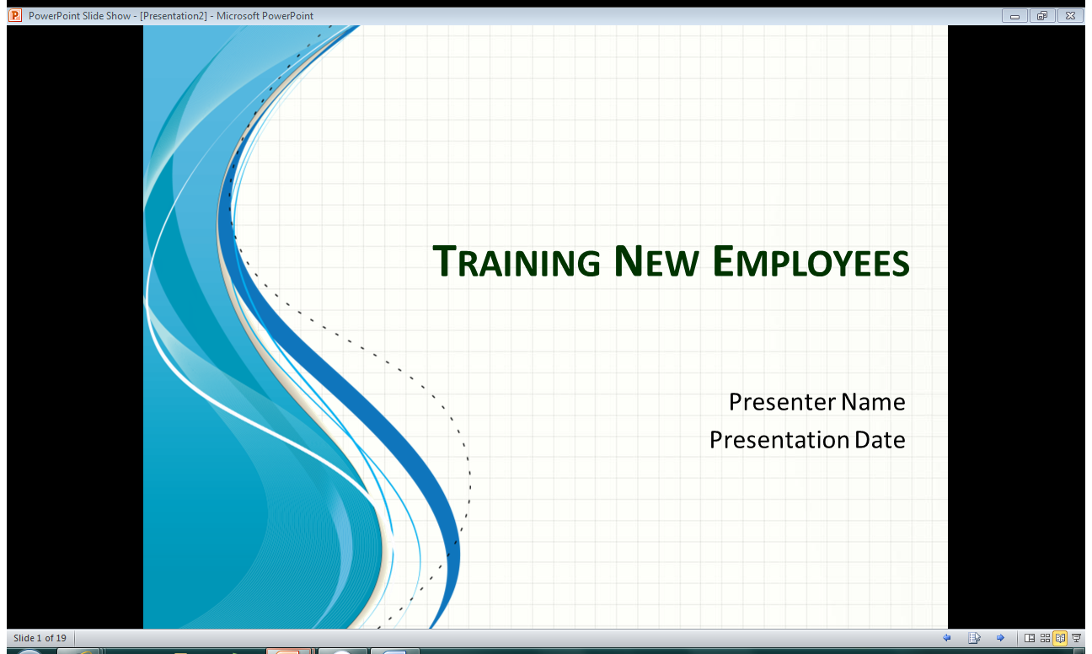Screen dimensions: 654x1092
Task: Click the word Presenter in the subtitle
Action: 782,402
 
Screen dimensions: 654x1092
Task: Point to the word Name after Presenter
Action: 872,402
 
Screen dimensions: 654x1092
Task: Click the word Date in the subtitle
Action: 880,440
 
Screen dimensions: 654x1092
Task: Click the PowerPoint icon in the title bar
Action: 14,15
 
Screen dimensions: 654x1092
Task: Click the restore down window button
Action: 1042,15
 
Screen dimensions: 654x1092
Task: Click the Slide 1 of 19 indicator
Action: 40,638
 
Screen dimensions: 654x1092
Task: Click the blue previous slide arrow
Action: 946,638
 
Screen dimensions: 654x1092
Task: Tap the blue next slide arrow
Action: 1000,638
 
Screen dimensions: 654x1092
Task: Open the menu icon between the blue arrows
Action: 974,638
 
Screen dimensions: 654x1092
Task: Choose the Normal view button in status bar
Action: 1029,638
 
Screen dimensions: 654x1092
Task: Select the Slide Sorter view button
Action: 1045,638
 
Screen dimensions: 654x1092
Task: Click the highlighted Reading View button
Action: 1060,638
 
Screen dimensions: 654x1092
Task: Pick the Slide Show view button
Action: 1076,638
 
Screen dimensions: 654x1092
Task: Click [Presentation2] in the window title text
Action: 174,15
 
